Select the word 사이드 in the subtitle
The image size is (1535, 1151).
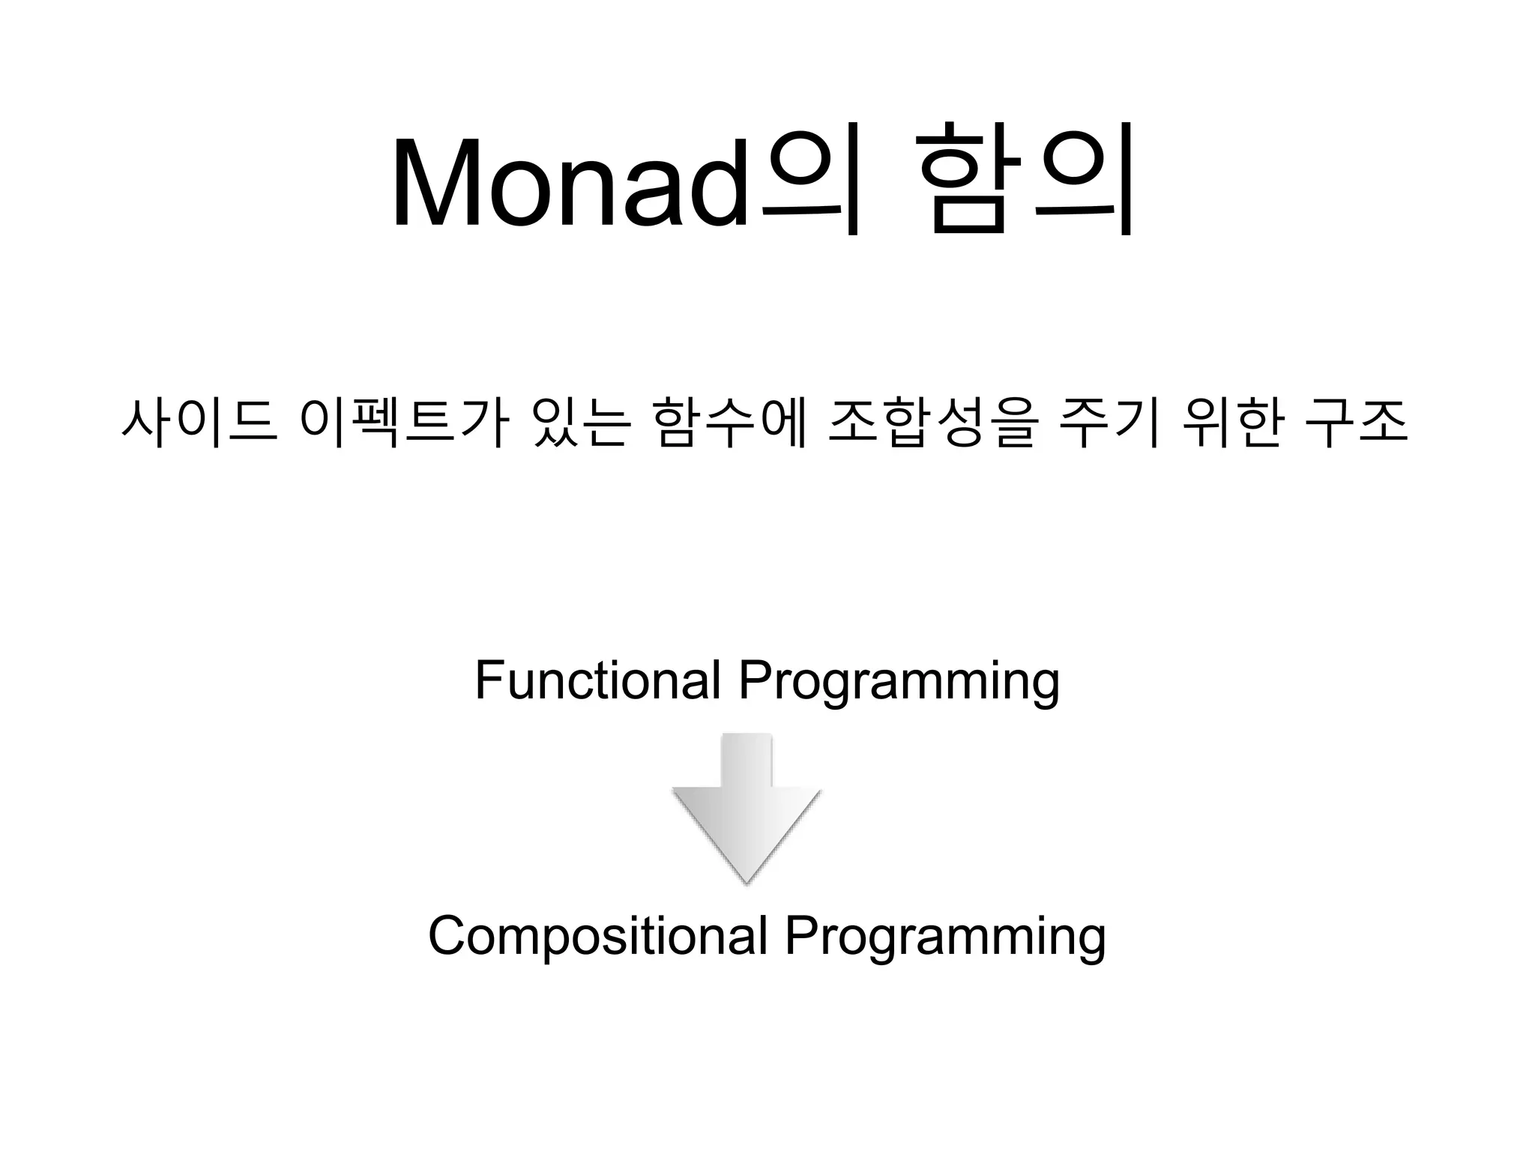click(199, 423)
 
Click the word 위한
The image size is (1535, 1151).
click(1230, 423)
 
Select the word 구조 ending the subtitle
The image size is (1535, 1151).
click(1357, 423)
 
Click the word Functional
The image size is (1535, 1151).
click(597, 680)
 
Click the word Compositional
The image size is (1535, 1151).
click(597, 936)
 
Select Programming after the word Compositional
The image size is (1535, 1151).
click(945, 939)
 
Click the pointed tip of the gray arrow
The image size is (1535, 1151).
click(747, 880)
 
